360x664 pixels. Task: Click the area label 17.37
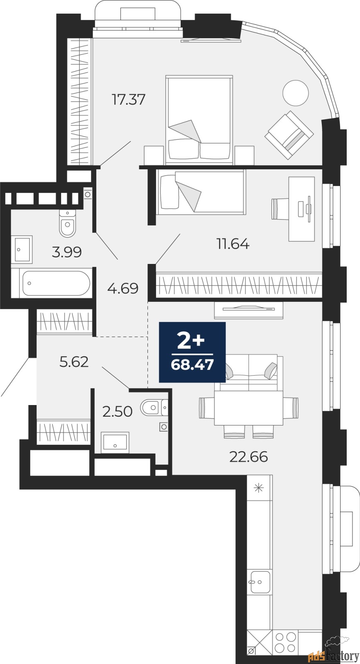(129, 100)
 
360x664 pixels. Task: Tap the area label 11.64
(233, 244)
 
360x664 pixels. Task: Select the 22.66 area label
(248, 457)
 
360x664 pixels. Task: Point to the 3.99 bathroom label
(66, 252)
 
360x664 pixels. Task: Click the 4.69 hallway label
(122, 288)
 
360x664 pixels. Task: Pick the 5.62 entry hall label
(74, 362)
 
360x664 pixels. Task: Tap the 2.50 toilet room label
(118, 412)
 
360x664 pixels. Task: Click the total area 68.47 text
(192, 365)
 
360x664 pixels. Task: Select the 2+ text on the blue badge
(191, 342)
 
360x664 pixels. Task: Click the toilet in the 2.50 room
(152, 408)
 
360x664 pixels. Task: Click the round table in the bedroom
(295, 92)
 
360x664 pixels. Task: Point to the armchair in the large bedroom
(289, 134)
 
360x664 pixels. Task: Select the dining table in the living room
(248, 408)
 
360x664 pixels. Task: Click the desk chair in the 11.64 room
(280, 208)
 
